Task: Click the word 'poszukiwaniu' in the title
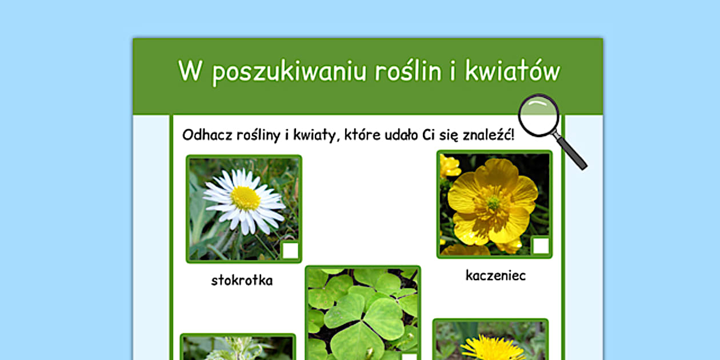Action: (289, 72)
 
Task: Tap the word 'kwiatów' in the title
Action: (513, 70)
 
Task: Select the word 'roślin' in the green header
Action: (408, 70)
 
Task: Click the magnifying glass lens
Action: (539, 115)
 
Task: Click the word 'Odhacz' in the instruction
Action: (207, 135)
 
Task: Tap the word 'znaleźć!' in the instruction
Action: (488, 135)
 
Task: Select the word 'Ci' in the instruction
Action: (429, 135)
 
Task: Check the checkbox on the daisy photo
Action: (290, 251)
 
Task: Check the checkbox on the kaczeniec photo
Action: (541, 246)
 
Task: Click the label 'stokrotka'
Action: (242, 280)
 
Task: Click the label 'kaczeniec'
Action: (495, 275)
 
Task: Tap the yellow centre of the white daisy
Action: (245, 198)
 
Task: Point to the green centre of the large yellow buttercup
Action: (493, 202)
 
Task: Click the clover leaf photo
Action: (363, 313)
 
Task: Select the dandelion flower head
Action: (493, 349)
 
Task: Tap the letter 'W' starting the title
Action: (190, 70)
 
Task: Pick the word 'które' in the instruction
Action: (362, 135)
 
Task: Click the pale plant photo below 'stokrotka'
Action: (238, 347)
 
